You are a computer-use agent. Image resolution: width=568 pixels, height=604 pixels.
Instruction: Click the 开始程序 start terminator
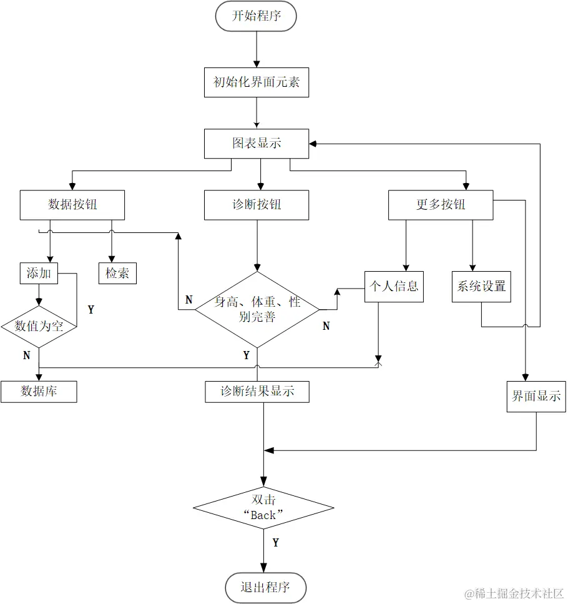256,16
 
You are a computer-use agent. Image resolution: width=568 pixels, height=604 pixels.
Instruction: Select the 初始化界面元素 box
257,82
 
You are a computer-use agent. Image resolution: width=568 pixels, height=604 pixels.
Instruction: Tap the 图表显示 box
257,144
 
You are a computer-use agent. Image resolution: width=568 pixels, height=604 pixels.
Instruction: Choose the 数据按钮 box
72,205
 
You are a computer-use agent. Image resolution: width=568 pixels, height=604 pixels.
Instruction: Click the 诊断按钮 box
257,205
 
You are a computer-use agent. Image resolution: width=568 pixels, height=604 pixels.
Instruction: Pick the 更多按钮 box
441,205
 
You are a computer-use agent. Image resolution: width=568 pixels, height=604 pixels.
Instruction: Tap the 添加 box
39,273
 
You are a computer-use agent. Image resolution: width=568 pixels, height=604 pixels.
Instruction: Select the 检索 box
117,273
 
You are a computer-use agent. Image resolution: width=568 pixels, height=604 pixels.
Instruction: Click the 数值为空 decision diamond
39,326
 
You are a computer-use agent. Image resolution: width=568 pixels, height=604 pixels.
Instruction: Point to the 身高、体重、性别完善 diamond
257,309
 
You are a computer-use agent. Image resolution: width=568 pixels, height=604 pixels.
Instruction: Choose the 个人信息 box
394,287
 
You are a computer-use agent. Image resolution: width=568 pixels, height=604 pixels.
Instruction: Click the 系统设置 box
481,287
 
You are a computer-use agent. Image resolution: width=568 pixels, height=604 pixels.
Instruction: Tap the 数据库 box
39,392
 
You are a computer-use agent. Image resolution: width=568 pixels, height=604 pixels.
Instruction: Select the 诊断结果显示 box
257,392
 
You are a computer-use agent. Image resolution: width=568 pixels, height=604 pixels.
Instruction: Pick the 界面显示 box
536,397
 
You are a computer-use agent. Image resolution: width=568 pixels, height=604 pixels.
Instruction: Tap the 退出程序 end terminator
265,587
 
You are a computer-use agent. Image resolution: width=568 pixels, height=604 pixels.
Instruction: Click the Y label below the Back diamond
275,543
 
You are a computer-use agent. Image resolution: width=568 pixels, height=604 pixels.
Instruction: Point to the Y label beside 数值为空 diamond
91,310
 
